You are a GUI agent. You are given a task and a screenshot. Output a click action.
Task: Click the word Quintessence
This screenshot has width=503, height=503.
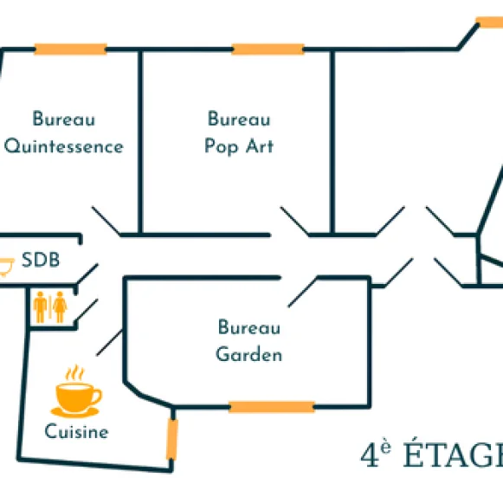tap(64, 146)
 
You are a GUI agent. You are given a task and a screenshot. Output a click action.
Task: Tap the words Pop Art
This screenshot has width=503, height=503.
tap(239, 146)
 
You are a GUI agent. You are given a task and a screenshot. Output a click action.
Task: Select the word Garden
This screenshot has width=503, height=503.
tap(249, 354)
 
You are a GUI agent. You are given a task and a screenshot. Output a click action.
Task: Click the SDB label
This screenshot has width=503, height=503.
tap(41, 260)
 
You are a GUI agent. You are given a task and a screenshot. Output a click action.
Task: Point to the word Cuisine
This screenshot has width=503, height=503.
tap(77, 431)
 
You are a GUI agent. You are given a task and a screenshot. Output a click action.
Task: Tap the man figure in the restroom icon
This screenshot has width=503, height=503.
tap(40, 307)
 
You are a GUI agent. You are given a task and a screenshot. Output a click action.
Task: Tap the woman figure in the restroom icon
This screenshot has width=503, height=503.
tap(60, 307)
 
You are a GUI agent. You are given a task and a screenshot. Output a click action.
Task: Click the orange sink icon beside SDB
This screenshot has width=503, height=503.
tap(6, 267)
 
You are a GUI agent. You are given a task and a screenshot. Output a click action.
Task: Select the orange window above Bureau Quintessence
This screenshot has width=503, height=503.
tap(71, 49)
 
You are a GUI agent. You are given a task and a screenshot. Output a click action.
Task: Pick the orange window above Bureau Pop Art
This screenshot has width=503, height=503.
tap(268, 49)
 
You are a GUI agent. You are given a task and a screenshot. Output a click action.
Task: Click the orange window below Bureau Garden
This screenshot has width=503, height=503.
tap(272, 407)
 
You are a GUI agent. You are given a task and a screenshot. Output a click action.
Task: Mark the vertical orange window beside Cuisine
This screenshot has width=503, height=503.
tap(172, 440)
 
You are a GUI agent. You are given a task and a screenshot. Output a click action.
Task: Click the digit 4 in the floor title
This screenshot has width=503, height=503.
tap(370, 455)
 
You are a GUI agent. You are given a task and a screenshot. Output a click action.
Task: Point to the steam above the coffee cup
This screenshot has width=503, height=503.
tap(74, 373)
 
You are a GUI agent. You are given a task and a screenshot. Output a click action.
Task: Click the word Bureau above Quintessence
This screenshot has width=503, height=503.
tap(64, 119)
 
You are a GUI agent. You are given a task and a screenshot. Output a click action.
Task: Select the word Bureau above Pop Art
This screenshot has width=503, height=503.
tap(239, 119)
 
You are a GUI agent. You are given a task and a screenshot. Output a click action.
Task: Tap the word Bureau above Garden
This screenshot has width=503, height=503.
tap(249, 327)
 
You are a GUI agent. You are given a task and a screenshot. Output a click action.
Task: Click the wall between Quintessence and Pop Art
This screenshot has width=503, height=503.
tap(140, 142)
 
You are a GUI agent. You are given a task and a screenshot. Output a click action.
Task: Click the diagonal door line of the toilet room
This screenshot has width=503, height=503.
tap(86, 310)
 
